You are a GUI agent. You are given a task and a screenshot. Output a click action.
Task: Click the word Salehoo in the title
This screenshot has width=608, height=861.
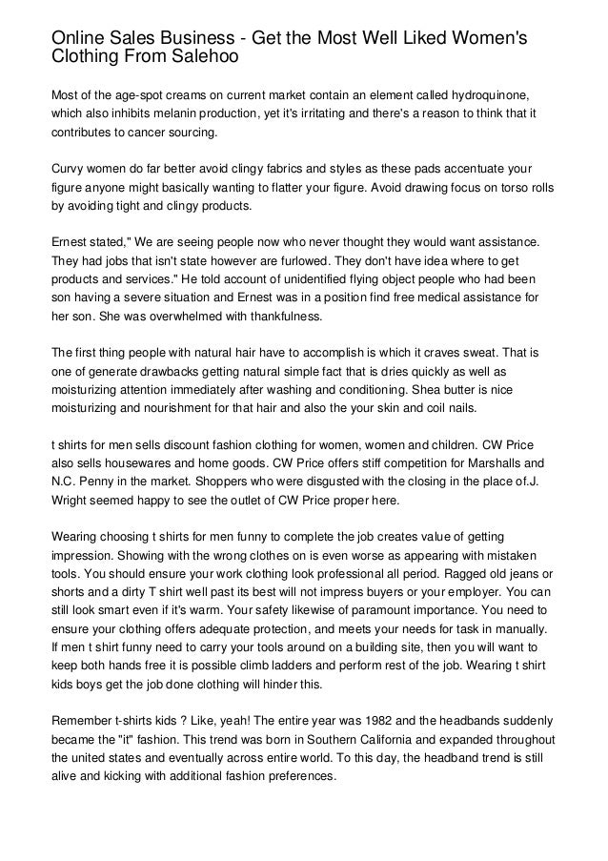(199, 56)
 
